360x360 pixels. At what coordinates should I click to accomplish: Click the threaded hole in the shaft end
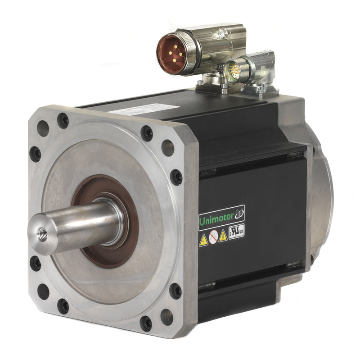(x=42, y=235)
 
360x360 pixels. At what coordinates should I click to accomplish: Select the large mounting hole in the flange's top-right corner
(x=167, y=147)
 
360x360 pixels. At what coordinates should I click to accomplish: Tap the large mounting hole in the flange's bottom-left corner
(x=43, y=291)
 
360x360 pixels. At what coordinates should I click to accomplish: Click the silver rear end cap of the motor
(x=320, y=198)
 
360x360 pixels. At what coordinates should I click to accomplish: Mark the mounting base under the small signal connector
(x=259, y=90)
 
